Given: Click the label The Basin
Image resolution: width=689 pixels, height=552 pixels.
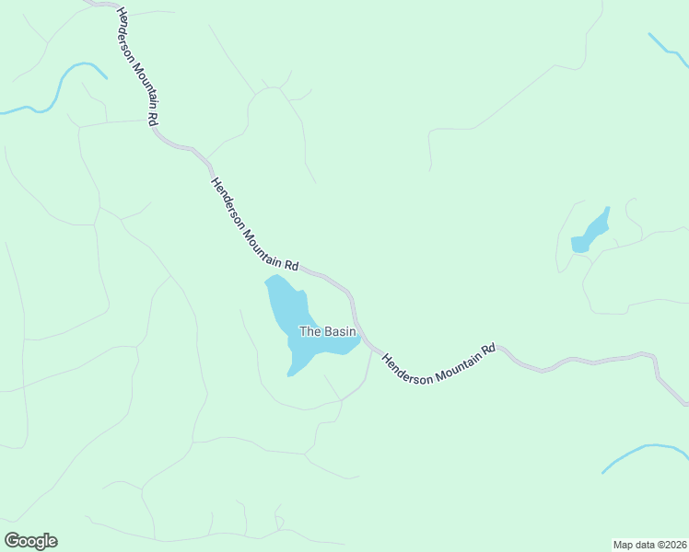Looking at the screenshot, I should pos(321,331).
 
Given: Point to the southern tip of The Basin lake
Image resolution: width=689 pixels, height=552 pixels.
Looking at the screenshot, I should pos(291,373).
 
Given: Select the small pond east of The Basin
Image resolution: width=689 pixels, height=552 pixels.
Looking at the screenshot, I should pos(590,233).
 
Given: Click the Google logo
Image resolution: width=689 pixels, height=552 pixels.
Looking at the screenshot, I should pos(30,541).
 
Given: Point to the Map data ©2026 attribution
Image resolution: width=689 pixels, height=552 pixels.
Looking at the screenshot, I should pos(650,544).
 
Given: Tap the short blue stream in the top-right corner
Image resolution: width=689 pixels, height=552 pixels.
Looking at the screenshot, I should pos(667,50).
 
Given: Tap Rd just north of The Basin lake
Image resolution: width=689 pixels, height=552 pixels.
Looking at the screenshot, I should pos(291,265).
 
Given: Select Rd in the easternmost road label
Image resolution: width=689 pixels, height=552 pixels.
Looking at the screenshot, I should pos(490,349).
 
